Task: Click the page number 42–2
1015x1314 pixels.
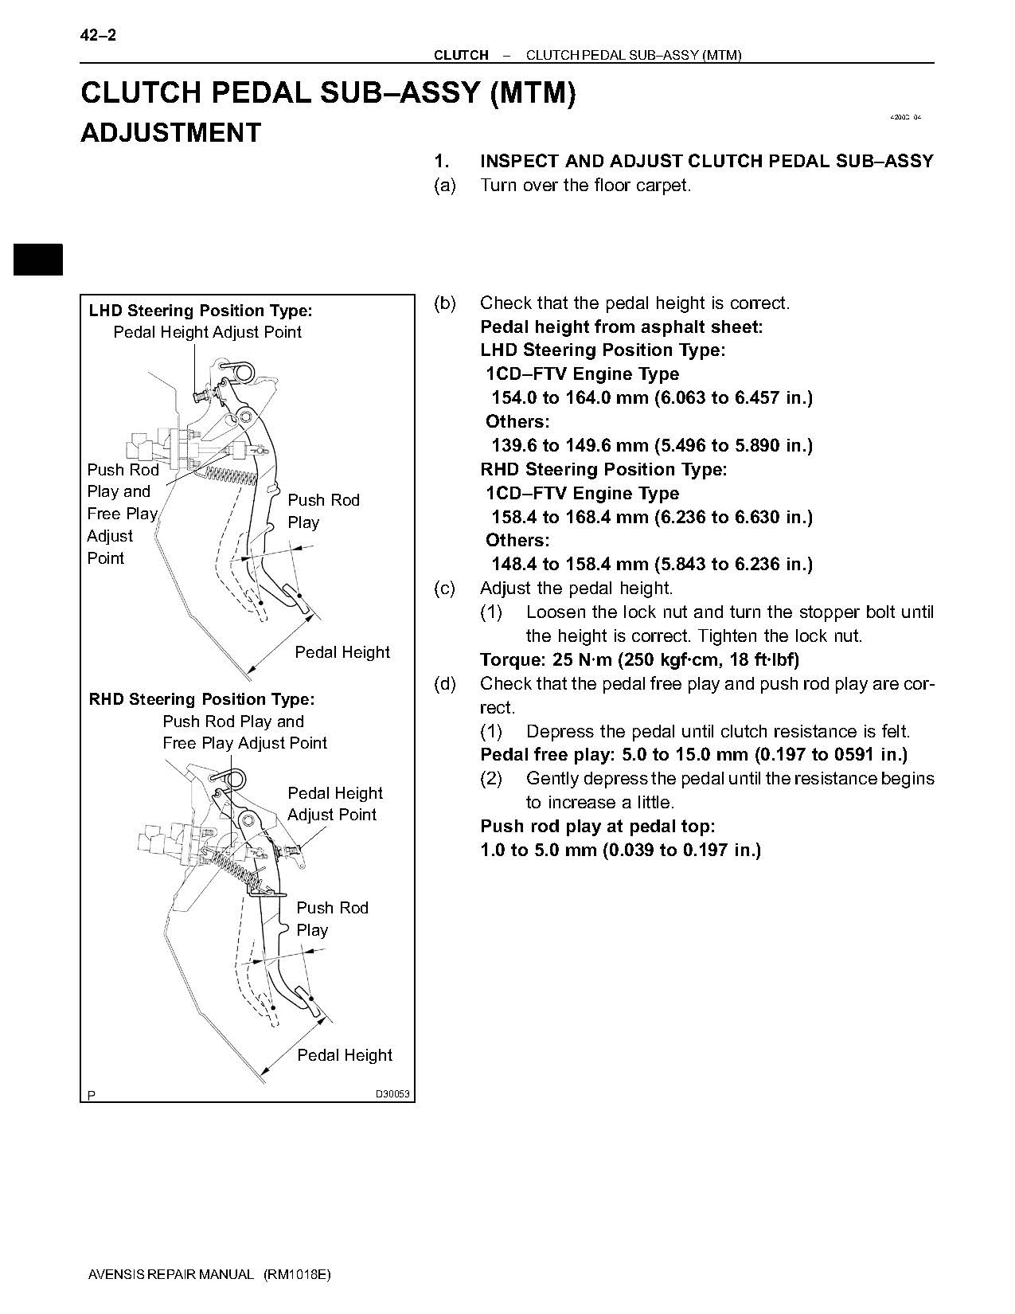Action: (x=99, y=35)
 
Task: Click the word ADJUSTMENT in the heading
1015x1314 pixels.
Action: (x=170, y=132)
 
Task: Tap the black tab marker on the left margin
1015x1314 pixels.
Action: (x=37, y=260)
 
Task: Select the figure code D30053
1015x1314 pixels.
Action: (x=392, y=1094)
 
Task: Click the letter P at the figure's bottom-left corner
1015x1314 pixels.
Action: (x=92, y=1096)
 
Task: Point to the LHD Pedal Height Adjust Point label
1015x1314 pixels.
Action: (x=207, y=332)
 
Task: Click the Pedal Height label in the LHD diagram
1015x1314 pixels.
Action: (x=342, y=652)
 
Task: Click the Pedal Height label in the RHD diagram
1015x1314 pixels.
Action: (x=345, y=1055)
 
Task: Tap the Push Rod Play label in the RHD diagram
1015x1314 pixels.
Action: (x=331, y=918)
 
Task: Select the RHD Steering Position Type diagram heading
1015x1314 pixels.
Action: (x=201, y=699)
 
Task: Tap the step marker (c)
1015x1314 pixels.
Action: (x=444, y=589)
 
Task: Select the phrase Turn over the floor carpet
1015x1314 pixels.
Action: (x=585, y=186)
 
